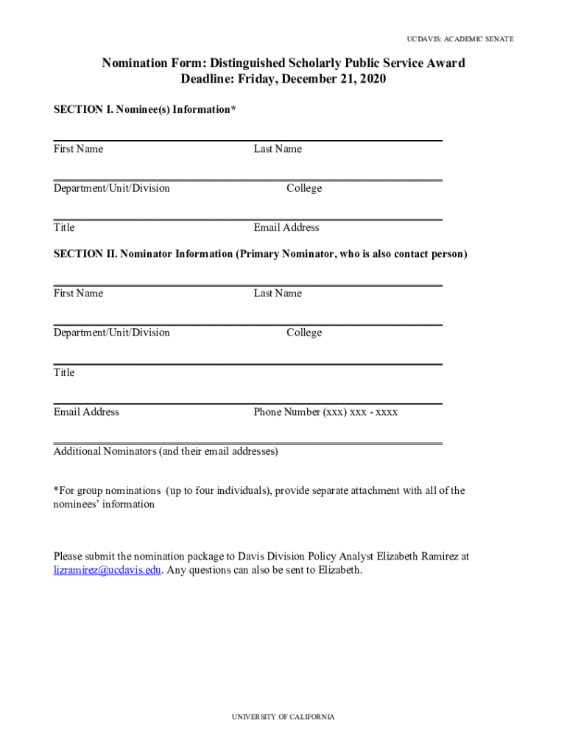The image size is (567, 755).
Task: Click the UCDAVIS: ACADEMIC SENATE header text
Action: [460, 38]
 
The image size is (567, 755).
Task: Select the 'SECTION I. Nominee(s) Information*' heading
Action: [145, 109]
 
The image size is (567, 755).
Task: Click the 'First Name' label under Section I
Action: [78, 149]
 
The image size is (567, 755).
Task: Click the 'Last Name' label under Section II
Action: [278, 293]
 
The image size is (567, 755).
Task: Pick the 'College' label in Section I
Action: [304, 188]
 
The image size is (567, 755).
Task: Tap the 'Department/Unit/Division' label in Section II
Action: [111, 333]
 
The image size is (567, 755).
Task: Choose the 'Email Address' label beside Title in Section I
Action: [286, 228]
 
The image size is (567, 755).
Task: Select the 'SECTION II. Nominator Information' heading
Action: [260, 254]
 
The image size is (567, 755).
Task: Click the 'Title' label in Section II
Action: [64, 372]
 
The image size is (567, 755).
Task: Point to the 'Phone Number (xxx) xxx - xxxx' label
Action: [325, 412]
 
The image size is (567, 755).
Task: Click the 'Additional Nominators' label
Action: [166, 451]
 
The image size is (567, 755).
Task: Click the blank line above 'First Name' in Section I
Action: [247, 140]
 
